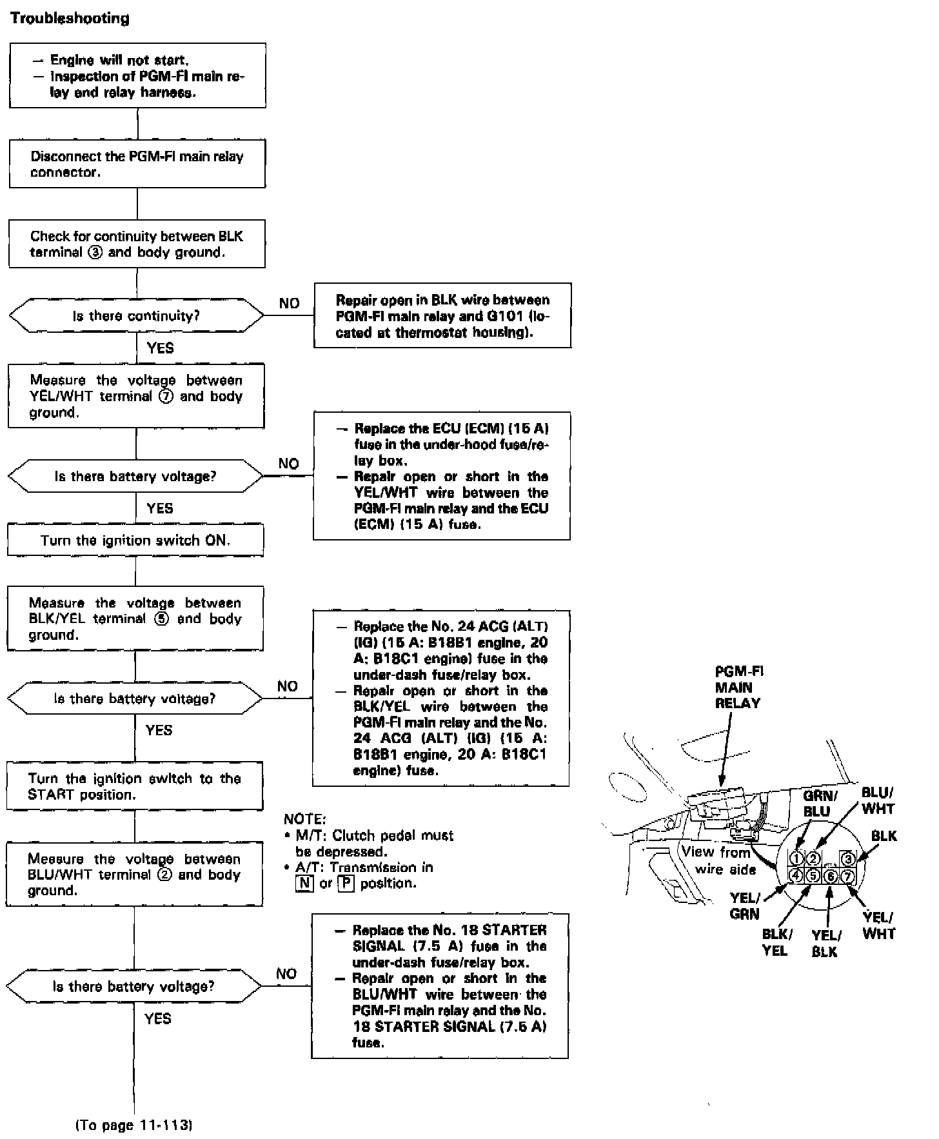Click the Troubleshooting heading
click(x=70, y=18)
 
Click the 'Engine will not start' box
click(x=137, y=75)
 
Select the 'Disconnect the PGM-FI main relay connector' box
click(x=137, y=164)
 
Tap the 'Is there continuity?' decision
click(x=136, y=316)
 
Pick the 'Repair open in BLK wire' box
click(x=442, y=316)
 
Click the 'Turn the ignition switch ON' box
click(x=135, y=540)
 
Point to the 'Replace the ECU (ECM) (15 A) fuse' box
click(x=442, y=476)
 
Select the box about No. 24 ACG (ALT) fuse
click(x=441, y=698)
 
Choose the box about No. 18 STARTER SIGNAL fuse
click(x=440, y=986)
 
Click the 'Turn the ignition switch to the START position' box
click(x=135, y=786)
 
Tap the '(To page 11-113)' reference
click(x=134, y=1125)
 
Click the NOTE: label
click(x=305, y=819)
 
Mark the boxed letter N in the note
click(x=304, y=884)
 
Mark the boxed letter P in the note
click(x=346, y=884)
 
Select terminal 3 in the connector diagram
click(x=848, y=858)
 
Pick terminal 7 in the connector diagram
click(x=847, y=876)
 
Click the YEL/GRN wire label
click(x=745, y=906)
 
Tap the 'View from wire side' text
click(x=718, y=860)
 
